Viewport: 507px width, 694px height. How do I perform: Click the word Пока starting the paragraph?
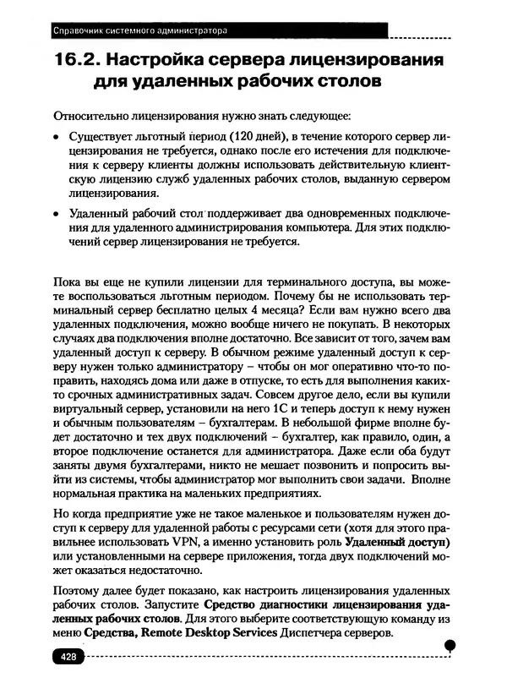tap(67, 281)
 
